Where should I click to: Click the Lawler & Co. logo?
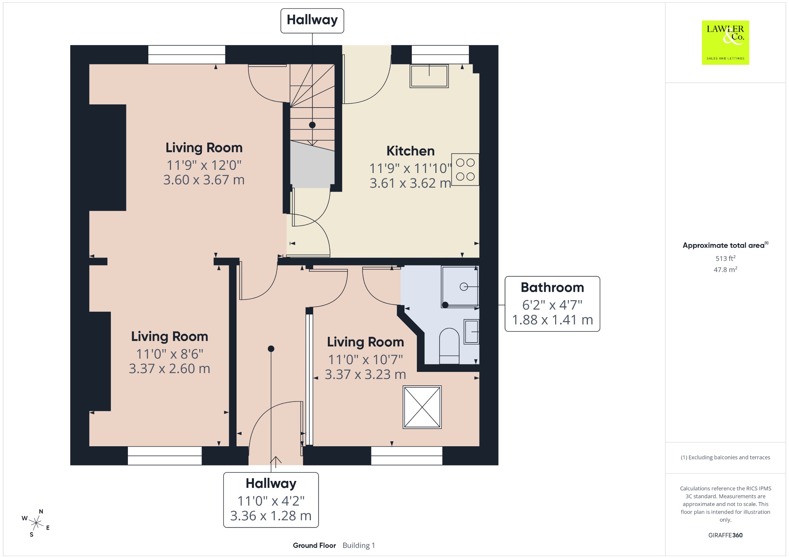pos(725,42)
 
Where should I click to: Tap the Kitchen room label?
pos(410,151)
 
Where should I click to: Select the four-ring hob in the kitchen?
pos(465,170)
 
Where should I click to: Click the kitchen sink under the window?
pos(429,76)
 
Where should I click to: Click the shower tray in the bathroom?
pos(460,287)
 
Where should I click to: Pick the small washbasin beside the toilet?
pos(471,331)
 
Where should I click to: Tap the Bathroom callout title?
pos(552,287)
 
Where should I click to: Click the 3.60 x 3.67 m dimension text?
pos(204,180)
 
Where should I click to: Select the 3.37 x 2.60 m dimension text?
pos(170,369)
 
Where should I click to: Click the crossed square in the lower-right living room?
pos(422,407)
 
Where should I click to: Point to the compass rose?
pos(36,523)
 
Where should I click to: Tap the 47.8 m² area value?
pos(725,269)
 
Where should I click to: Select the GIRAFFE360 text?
pos(725,535)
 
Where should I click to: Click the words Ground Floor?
pos(314,545)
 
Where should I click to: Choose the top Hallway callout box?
pos(312,21)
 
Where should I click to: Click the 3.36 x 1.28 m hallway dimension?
pos(271,516)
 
